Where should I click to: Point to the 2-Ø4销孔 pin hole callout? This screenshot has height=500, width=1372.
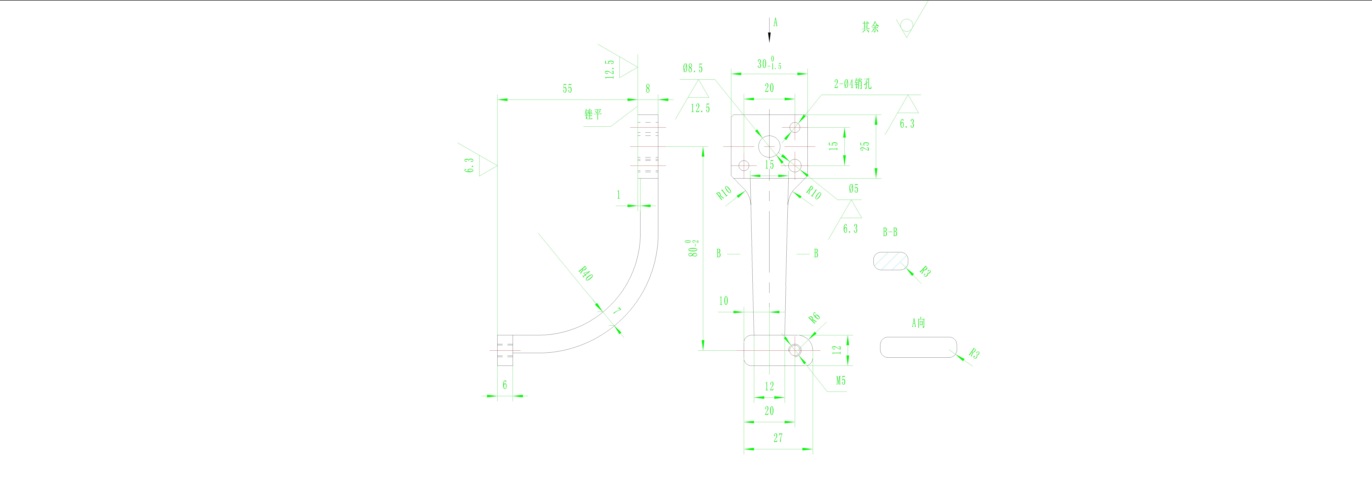tap(853, 84)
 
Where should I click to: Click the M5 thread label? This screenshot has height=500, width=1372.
tap(841, 381)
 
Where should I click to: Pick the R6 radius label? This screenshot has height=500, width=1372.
tap(814, 318)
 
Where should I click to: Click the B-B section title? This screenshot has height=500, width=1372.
tap(890, 232)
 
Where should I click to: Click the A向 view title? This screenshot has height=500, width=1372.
tap(918, 323)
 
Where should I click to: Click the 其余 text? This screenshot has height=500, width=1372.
tap(871, 27)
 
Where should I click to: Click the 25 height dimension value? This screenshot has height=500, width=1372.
tap(866, 146)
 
